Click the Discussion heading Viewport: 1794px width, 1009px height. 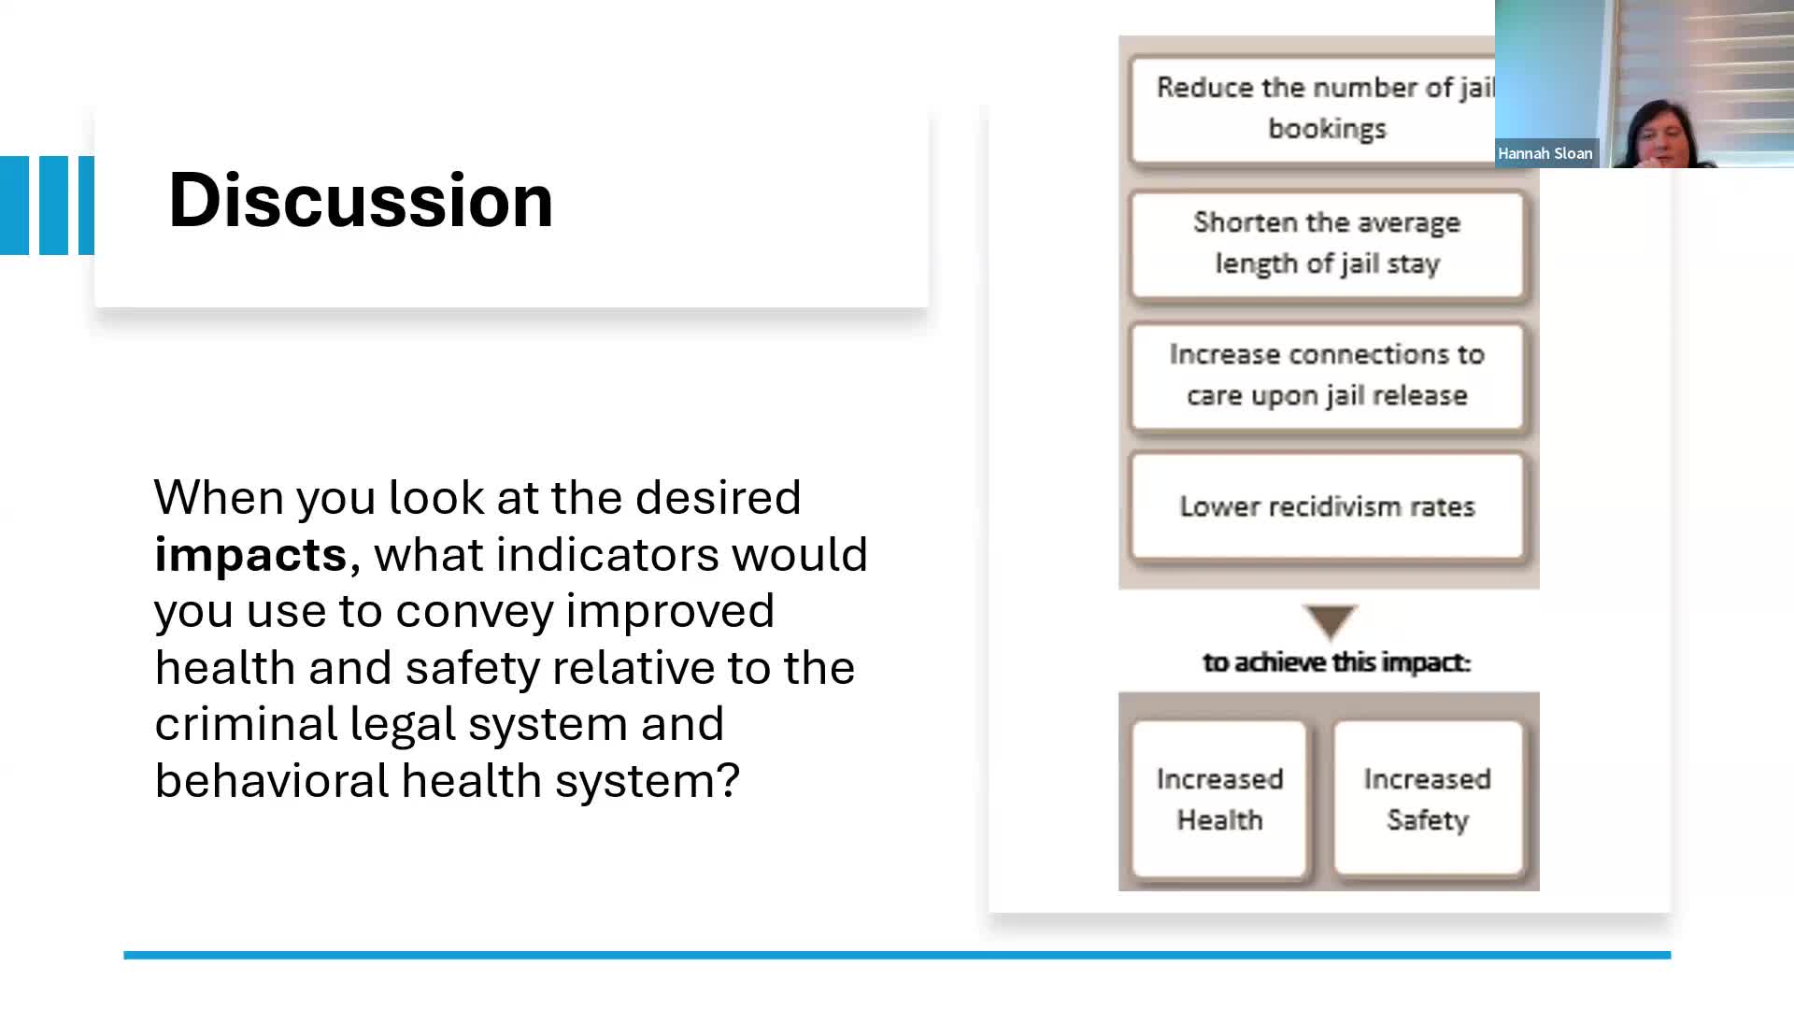click(361, 200)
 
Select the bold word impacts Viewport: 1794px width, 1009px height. click(250, 555)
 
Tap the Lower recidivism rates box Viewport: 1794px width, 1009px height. click(1327, 506)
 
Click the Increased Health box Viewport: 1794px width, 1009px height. click(1219, 799)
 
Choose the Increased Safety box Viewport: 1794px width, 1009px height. click(1428, 799)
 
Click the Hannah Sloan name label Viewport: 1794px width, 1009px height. click(1545, 153)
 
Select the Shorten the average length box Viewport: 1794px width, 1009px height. click(1327, 245)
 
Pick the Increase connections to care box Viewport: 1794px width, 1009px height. click(1327, 376)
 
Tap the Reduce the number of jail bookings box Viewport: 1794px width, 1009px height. click(1313, 109)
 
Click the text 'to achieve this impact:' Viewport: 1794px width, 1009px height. click(1336, 662)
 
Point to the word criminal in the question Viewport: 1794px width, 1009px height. click(246, 724)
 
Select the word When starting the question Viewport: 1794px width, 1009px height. click(219, 498)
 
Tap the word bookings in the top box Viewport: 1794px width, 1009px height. click(1327, 130)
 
